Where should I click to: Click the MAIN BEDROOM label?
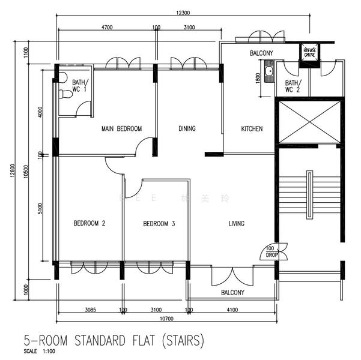point(121,129)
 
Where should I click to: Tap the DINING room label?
point(187,129)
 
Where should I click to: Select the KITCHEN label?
point(251,129)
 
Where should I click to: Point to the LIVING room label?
point(236,224)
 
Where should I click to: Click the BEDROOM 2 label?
point(89,224)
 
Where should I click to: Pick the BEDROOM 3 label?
point(159,224)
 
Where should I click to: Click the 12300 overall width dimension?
point(183,13)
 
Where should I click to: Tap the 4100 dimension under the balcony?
point(232,310)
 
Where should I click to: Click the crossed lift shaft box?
point(308,123)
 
